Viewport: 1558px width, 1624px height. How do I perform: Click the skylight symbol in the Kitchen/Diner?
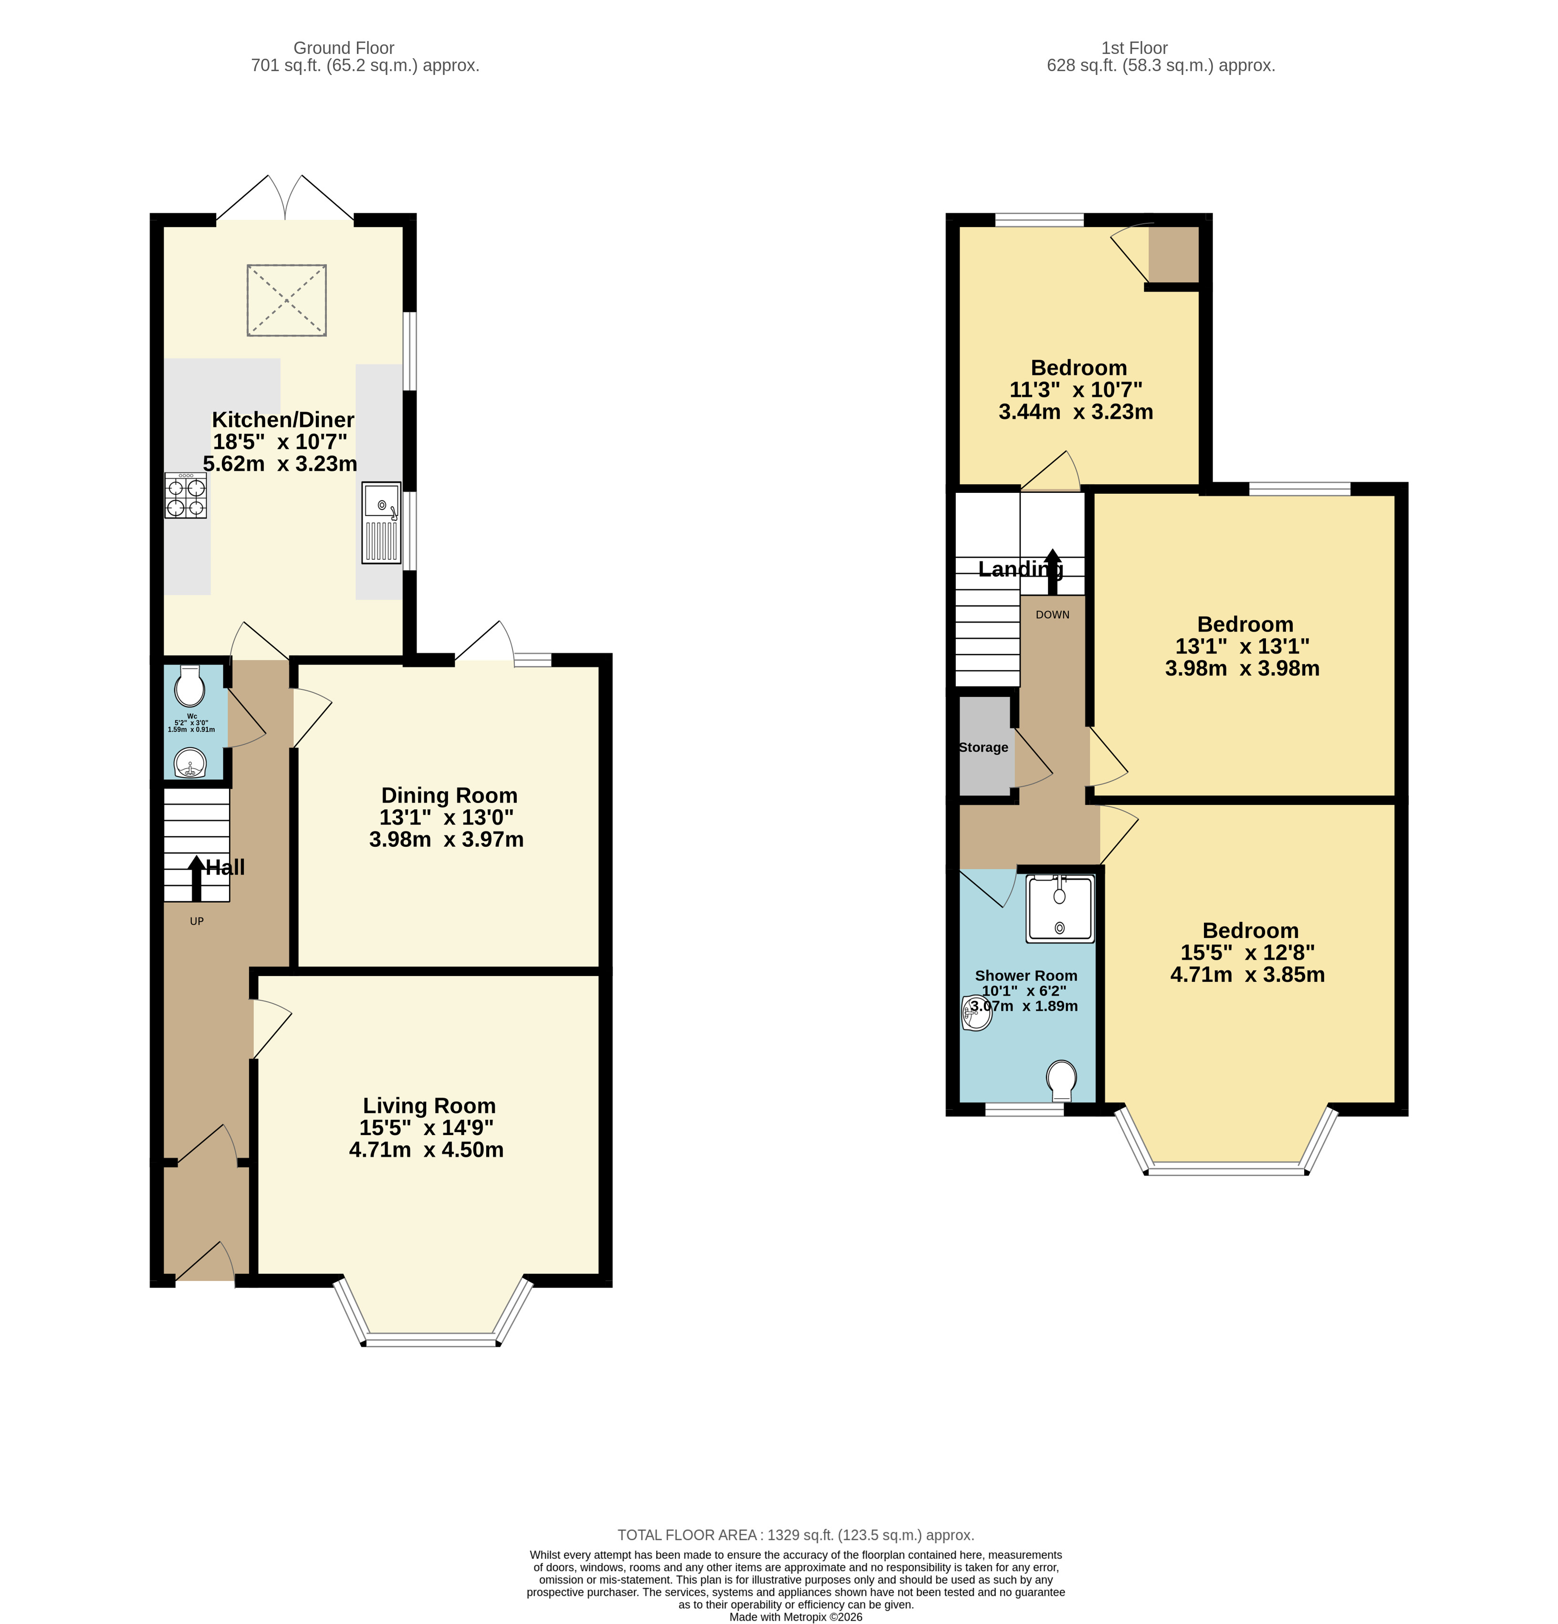point(286,300)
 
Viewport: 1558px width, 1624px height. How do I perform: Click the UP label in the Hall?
point(197,921)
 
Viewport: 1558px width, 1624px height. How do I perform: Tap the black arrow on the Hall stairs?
point(197,879)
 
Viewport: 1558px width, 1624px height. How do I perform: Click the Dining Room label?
point(449,795)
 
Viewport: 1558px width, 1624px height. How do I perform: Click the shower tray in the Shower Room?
point(1060,909)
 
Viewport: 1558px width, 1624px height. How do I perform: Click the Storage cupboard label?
point(983,748)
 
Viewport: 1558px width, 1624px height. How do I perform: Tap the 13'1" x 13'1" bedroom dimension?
point(1242,646)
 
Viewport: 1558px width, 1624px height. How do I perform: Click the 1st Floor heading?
point(1135,48)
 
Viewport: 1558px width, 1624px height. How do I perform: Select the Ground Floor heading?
point(344,48)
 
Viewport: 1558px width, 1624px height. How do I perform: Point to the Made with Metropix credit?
point(795,1616)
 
